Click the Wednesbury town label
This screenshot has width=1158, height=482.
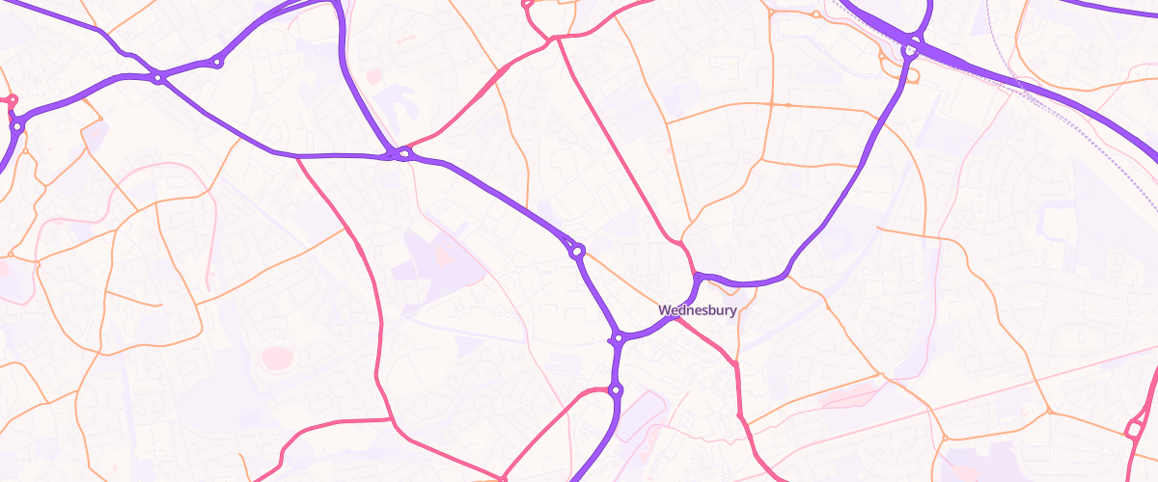coord(698,310)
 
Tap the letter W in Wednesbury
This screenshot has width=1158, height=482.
coord(664,310)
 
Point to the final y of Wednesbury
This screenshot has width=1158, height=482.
coord(733,312)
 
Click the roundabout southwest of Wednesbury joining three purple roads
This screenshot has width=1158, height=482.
coord(618,338)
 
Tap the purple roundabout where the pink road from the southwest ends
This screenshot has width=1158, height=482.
coord(616,389)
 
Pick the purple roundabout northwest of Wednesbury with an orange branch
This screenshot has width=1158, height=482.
coord(577,252)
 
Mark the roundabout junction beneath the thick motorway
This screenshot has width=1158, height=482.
coord(910,47)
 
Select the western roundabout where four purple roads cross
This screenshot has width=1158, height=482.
coord(157,77)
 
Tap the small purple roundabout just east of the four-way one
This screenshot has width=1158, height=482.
coord(217,63)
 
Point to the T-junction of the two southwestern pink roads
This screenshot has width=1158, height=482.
coord(390,420)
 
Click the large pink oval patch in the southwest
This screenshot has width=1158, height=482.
coord(277,358)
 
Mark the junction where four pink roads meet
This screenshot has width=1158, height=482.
coord(557,39)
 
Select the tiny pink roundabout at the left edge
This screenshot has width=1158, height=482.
coord(12,99)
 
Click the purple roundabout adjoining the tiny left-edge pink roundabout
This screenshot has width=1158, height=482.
coord(16,125)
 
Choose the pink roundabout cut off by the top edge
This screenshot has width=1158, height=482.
coord(528,3)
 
